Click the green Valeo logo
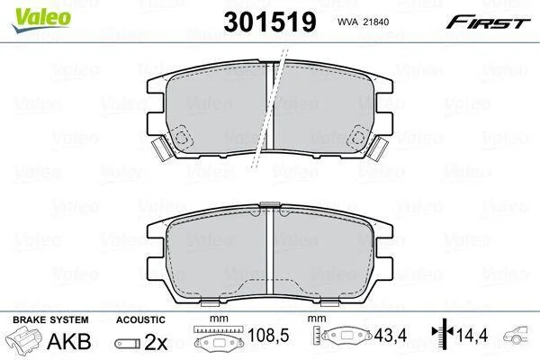coord(41,20)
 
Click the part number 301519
coord(270,22)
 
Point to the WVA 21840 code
coord(363,22)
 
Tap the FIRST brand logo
coord(488,22)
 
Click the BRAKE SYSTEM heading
coord(50,319)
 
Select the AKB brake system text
coord(69,341)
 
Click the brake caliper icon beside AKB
coord(23,338)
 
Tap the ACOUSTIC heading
coord(140,319)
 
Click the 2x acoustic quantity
coord(156,342)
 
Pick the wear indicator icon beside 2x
coord(128,343)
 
